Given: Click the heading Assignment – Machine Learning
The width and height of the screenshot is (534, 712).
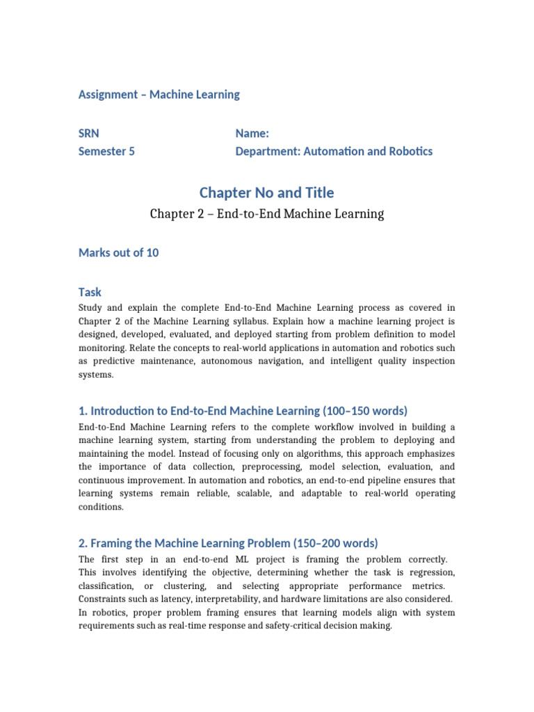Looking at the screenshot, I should click(159, 95).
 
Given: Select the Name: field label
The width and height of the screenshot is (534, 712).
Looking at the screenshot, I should click(252, 133).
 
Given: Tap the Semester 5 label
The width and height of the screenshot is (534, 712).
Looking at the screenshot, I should click(107, 151).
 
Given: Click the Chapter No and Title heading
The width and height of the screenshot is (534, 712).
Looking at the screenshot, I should click(266, 193).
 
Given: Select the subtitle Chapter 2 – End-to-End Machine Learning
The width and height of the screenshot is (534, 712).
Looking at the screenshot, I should click(267, 214).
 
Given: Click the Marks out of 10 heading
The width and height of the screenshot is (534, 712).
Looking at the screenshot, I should click(119, 252).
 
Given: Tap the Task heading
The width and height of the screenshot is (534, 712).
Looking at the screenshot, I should click(90, 293).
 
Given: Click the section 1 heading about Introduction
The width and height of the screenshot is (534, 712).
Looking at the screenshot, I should click(243, 411).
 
